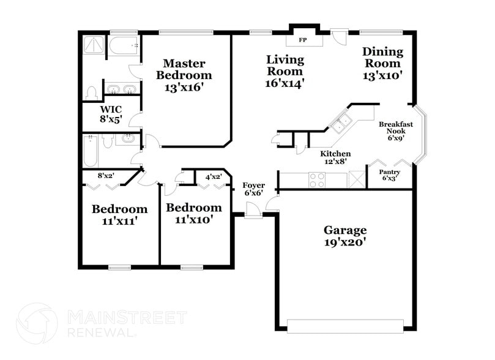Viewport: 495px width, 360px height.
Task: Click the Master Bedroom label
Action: [x=184, y=75]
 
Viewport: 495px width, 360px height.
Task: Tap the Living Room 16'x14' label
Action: [x=285, y=70]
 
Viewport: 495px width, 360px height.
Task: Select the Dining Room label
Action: [x=382, y=64]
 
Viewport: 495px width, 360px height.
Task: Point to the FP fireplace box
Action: [x=302, y=40]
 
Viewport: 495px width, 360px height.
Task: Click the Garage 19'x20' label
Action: [x=345, y=236]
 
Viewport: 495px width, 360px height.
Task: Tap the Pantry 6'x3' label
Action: [x=390, y=175]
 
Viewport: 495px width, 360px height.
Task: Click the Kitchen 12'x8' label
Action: [x=337, y=157]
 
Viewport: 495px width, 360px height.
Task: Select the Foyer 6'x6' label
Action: [x=254, y=189]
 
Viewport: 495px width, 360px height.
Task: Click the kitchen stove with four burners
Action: [x=317, y=179]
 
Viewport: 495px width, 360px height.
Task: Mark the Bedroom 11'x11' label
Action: [x=119, y=215]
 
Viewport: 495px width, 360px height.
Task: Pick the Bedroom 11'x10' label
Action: [x=194, y=213]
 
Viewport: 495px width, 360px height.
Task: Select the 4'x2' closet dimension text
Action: [x=213, y=178]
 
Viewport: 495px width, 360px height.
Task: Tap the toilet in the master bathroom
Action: [x=92, y=93]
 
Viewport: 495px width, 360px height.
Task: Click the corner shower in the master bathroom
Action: [x=95, y=45]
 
